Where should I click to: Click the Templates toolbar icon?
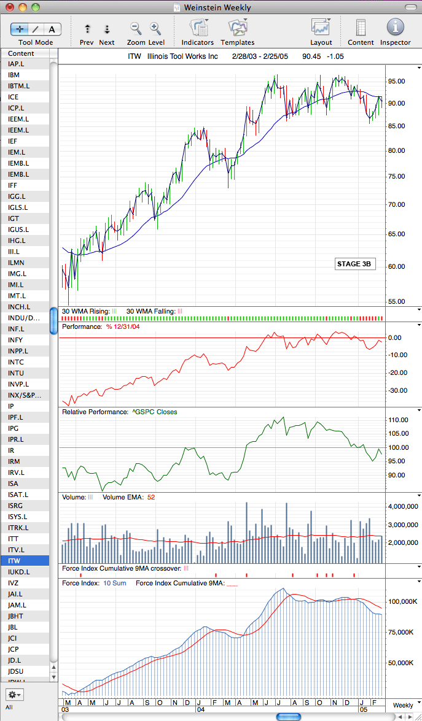238,28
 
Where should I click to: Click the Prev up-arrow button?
87,29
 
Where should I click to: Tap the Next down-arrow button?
107,29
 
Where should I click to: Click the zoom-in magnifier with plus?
156,29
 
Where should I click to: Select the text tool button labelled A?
52,29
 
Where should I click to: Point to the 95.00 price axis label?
396,82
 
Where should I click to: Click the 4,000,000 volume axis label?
402,506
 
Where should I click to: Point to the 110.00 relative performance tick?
398,420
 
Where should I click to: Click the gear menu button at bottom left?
15,694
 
